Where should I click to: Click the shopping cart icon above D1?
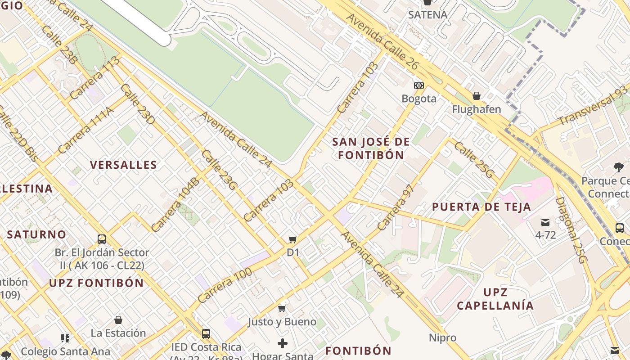[293, 239]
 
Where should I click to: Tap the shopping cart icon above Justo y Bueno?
[282, 308]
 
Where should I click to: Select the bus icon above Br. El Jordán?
[102, 239]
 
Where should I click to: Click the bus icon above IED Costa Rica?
[206, 334]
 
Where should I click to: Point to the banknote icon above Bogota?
[419, 85]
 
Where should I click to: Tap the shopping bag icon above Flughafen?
[477, 96]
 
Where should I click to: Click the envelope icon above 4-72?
[545, 222]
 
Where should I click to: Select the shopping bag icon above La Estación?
[118, 320]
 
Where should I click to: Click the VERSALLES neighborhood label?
[123, 165]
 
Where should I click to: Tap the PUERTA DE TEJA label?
[481, 207]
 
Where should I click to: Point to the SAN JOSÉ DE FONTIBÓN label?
[371, 148]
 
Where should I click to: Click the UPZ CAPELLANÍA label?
[495, 299]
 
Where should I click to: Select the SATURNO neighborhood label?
[36, 234]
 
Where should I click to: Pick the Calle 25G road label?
[474, 160]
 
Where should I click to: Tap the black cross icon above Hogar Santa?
[283, 344]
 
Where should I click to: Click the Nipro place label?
[442, 337]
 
